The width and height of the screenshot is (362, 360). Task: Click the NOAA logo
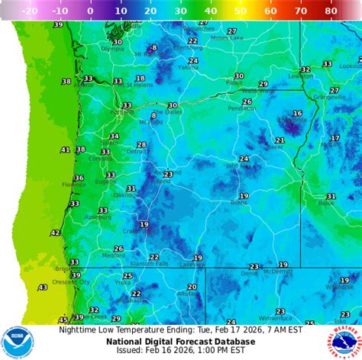17,342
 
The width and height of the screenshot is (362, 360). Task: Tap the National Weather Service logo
345,342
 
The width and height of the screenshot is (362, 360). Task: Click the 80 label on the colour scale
331,11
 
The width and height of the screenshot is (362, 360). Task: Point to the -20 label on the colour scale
31,11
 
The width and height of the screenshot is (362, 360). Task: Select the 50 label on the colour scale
241,11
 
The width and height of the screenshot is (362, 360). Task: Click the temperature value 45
63,320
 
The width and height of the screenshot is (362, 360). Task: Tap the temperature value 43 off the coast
42,288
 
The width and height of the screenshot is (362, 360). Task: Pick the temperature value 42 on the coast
55,233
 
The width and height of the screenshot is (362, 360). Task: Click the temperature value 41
65,150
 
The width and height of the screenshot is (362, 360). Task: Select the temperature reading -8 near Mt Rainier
153,48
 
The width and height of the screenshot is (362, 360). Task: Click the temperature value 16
297,113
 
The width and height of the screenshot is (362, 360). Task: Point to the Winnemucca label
275,318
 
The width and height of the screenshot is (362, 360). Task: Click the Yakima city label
189,67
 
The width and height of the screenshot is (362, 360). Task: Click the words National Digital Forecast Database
181,340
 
